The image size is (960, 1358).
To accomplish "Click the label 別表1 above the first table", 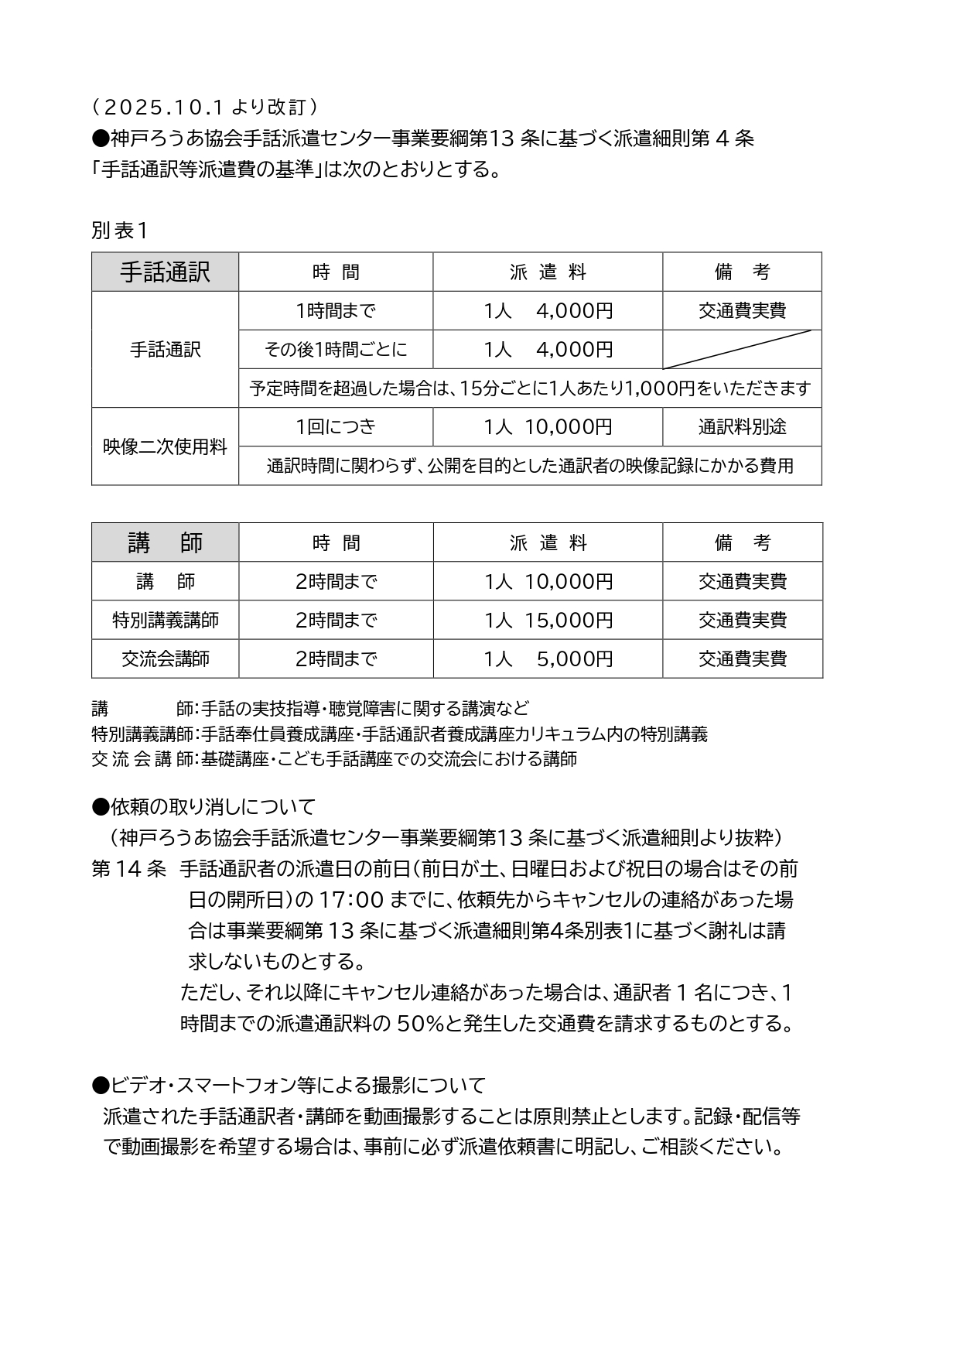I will pos(119,230).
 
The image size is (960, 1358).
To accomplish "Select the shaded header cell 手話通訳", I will pos(165,272).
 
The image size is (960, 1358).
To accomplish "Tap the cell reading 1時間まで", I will pos(335,311).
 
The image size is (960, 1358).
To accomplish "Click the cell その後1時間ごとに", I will pos(335,350).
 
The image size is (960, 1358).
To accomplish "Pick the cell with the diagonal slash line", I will pos(742,350).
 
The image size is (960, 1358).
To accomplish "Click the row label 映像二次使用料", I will pos(165,446).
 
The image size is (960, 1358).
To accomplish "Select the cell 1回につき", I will pos(335,427).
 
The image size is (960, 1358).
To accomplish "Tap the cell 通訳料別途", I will pos(742,427).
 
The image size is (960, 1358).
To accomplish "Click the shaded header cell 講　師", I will pos(165,542).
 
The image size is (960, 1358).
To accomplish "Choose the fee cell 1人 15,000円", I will pos(548,621).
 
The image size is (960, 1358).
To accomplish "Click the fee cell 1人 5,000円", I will pos(548,659).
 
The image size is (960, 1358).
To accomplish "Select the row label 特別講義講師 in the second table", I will pos(165,621).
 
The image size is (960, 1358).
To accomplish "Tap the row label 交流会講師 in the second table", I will pos(165,659).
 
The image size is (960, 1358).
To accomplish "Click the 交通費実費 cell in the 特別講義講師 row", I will pos(742,621).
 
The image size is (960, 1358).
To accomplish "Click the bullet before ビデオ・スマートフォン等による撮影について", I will pos(100,1086).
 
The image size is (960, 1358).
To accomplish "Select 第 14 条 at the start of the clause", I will pos(128,869).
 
